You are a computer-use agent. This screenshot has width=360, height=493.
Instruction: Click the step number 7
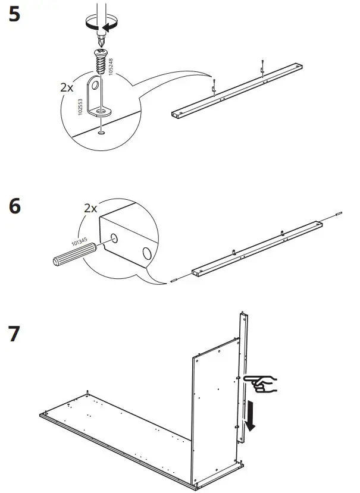(15, 335)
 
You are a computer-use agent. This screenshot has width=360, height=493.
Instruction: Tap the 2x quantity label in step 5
(67, 87)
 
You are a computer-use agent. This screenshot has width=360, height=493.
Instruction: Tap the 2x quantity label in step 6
(90, 208)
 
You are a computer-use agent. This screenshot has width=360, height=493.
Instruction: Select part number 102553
(80, 106)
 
